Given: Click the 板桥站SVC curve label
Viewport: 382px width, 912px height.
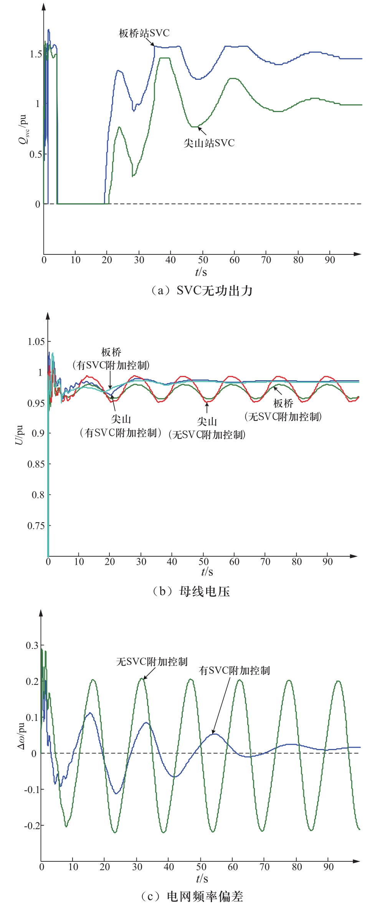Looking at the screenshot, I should tap(144, 33).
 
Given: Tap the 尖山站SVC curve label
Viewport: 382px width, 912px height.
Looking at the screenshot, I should tap(208, 143).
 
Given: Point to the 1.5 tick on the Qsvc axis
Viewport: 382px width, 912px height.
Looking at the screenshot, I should tap(36, 54).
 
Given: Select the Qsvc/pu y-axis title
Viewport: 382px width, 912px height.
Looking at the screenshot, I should tap(23, 129).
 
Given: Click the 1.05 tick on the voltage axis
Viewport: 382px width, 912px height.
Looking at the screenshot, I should tap(36, 341).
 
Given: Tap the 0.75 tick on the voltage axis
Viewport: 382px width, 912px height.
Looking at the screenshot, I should tap(36, 526).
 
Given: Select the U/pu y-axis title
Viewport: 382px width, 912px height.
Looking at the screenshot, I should tap(19, 435).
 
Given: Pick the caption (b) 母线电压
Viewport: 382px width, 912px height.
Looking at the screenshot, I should tap(191, 591).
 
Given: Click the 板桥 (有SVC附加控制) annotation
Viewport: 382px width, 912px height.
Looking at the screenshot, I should tap(111, 359).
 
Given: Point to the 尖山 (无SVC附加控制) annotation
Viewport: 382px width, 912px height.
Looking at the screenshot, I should tap(207, 428).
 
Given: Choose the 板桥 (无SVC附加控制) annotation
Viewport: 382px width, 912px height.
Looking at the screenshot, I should tap(283, 410).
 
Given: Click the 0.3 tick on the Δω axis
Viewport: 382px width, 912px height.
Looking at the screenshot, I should tap(32, 645).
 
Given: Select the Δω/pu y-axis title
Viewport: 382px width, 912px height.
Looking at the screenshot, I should tap(21, 736).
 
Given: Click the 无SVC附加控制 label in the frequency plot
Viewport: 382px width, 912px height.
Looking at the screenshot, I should tap(152, 661).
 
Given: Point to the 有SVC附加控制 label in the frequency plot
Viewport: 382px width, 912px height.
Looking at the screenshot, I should tap(234, 670).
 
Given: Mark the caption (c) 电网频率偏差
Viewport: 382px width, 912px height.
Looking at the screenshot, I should tap(192, 897).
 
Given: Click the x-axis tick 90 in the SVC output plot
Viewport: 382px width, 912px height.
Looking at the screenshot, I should tap(330, 260).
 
